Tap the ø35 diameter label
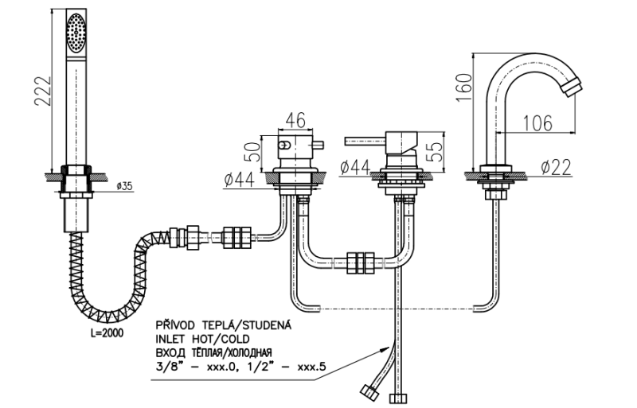point(123,185)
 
